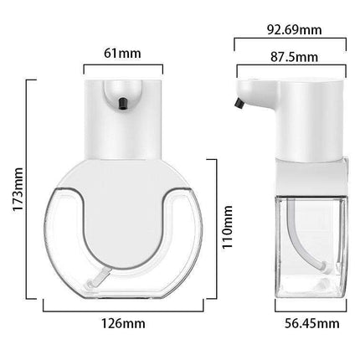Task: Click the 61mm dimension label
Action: (123, 53)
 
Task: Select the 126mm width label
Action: (123, 322)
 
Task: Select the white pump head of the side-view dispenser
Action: (289, 117)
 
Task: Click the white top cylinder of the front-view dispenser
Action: (123, 117)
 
